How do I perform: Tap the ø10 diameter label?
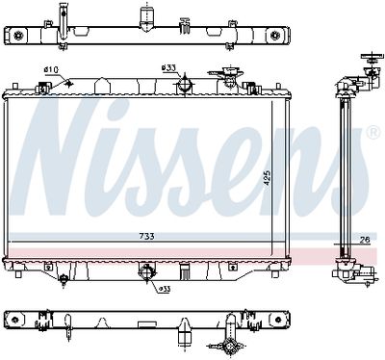pyautogui.click(x=51, y=68)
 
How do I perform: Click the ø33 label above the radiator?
pyautogui.click(x=168, y=67)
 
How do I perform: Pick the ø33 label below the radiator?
pyautogui.click(x=165, y=287)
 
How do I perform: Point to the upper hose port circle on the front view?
pyautogui.click(x=182, y=87)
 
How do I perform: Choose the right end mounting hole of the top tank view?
pyautogui.click(x=277, y=36)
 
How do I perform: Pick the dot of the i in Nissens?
pyautogui.click(x=146, y=108)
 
